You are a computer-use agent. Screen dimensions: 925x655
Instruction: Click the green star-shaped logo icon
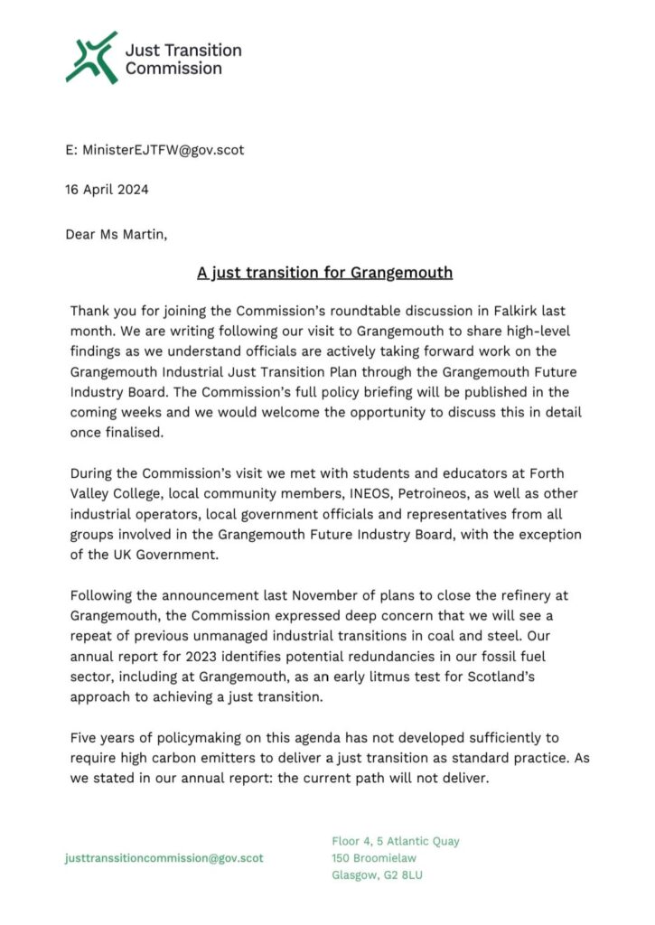(x=91, y=58)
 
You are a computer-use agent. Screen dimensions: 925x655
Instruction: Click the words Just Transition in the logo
(x=183, y=49)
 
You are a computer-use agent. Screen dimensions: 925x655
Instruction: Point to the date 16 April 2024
(x=107, y=190)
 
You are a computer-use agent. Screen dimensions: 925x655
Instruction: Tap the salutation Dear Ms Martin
(x=116, y=234)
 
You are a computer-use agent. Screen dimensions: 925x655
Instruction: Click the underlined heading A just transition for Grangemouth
(x=325, y=272)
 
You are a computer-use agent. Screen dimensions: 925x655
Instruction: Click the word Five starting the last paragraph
(x=86, y=738)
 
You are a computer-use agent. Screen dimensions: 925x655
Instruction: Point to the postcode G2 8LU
(x=398, y=874)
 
